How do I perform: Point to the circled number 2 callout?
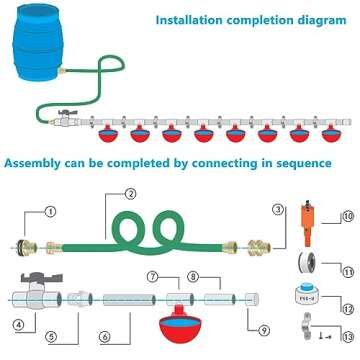[131, 194]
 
